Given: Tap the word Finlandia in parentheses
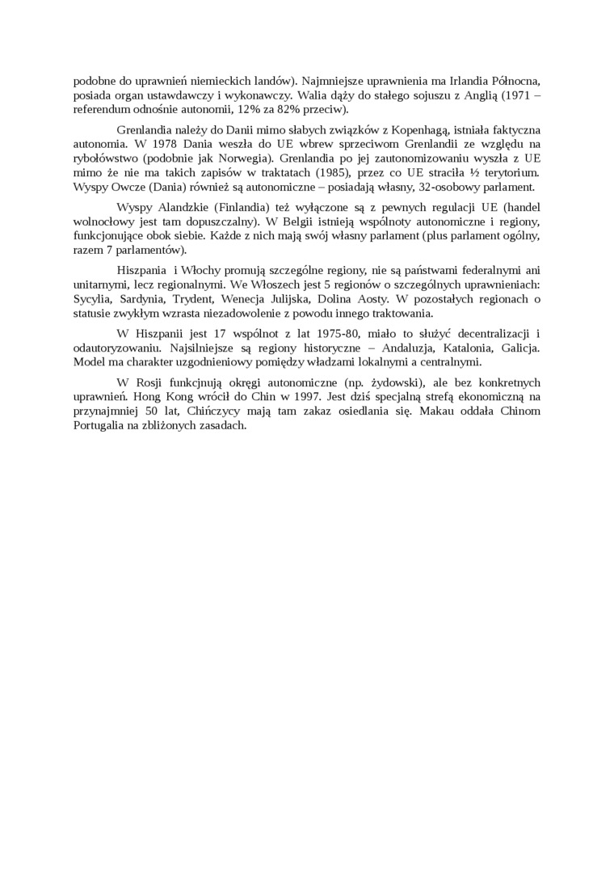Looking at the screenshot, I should [x=250, y=208].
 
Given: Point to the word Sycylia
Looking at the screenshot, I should [x=92, y=299].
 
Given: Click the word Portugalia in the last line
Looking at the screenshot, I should [x=102, y=426].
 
